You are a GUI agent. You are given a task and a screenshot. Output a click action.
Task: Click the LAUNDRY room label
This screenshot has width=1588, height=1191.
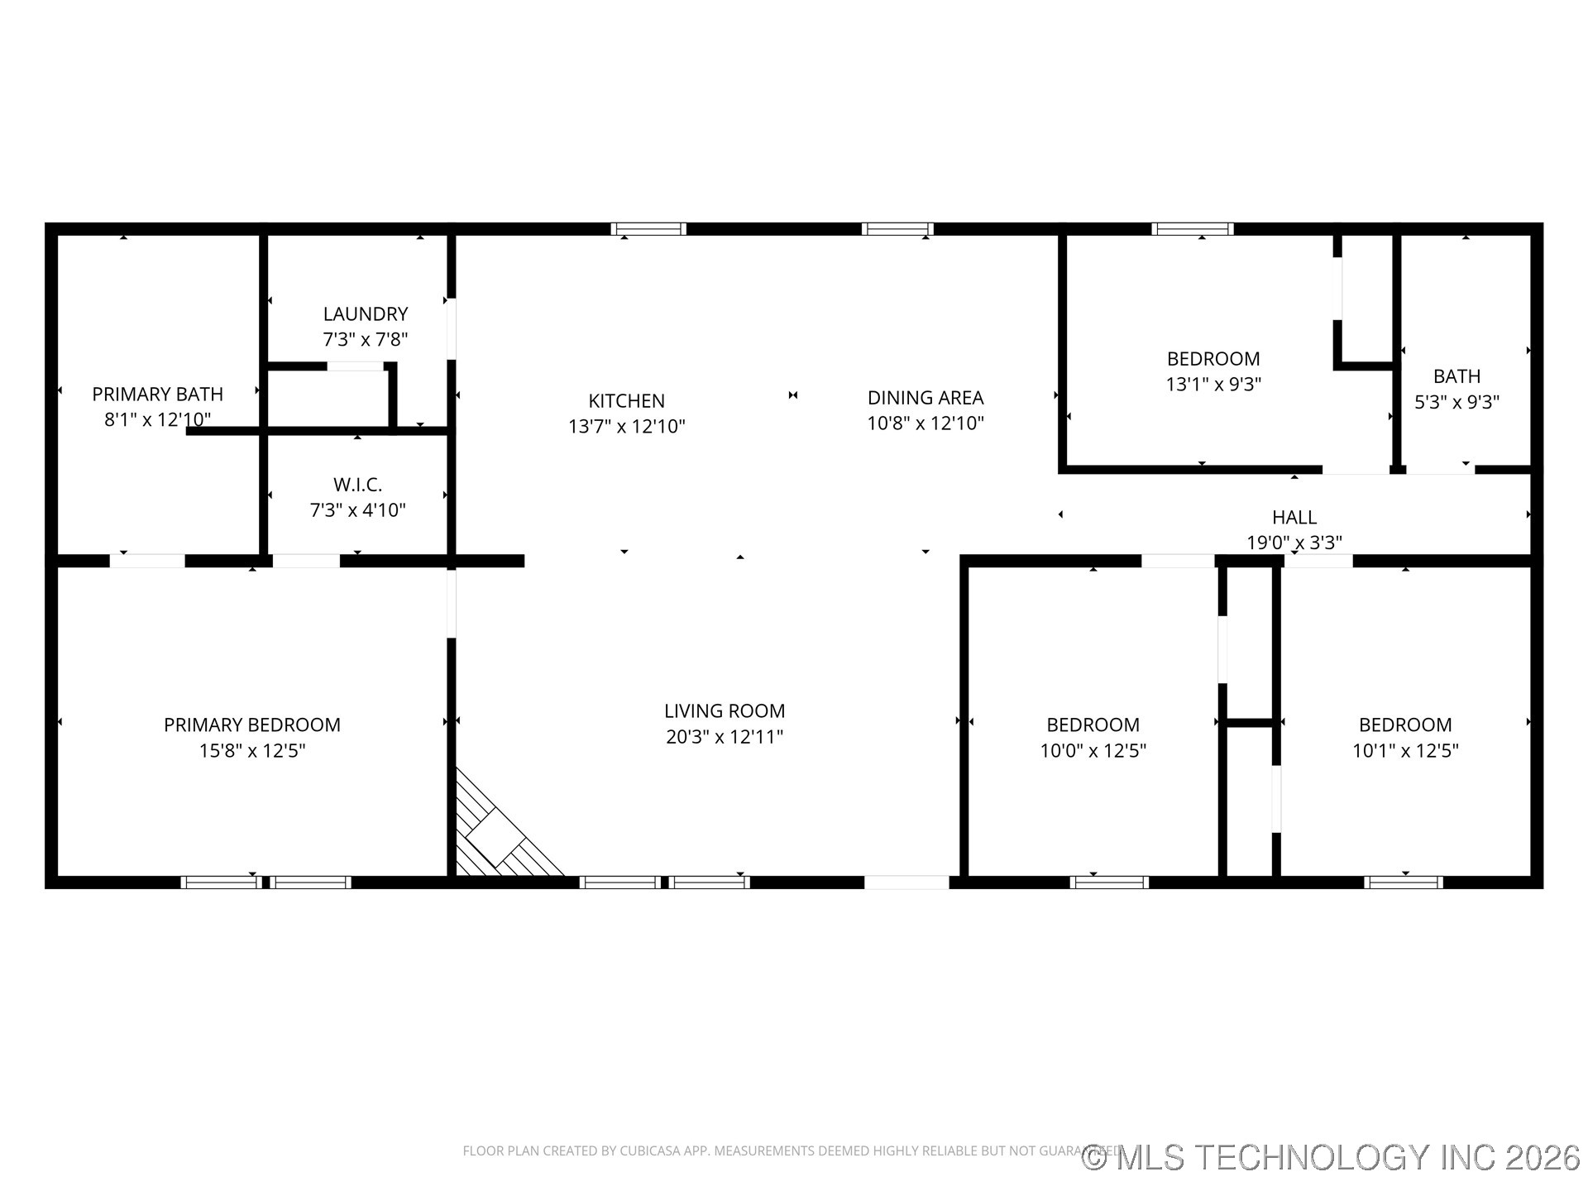tap(365, 314)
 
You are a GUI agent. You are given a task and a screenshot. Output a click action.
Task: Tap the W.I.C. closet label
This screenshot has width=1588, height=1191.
tap(357, 485)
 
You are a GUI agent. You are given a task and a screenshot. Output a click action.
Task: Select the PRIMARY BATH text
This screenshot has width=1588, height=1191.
tap(157, 395)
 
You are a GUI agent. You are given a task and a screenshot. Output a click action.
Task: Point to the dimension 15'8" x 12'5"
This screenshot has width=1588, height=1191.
tap(252, 751)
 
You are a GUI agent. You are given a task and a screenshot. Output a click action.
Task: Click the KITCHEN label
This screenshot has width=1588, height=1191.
tap(626, 401)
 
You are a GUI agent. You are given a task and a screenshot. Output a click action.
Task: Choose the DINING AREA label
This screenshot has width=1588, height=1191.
tap(925, 398)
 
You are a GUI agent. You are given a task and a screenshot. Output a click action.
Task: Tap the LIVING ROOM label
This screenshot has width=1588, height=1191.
tap(725, 711)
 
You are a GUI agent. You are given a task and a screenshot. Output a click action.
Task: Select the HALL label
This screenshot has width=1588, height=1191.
tap(1294, 518)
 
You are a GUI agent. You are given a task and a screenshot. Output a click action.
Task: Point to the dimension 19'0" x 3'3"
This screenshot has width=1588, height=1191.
tap(1294, 543)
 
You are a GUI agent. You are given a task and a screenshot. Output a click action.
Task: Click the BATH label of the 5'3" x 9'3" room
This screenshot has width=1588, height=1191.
tap(1456, 377)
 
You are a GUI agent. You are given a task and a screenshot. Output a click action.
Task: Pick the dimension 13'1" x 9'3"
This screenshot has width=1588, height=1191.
tap(1213, 385)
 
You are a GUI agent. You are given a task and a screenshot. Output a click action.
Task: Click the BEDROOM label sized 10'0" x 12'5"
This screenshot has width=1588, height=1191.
tap(1093, 725)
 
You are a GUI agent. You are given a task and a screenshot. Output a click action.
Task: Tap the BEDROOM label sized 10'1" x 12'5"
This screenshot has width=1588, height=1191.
tap(1404, 725)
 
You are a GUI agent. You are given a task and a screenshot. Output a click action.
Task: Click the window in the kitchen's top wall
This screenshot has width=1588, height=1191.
tap(648, 229)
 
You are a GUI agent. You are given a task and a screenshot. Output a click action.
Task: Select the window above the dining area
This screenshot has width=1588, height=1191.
tap(897, 229)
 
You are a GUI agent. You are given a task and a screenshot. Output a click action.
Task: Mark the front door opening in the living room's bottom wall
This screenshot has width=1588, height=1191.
tap(906, 882)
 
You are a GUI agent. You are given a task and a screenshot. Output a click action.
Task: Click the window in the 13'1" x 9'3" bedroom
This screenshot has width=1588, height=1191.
tap(1192, 229)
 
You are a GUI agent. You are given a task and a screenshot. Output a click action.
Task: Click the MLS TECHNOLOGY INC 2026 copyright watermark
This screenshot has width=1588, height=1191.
tap(1332, 1157)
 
